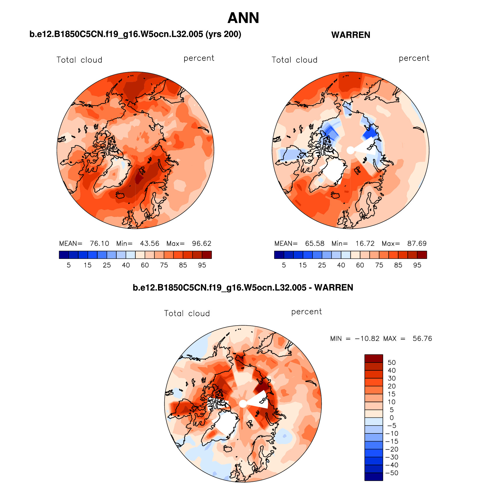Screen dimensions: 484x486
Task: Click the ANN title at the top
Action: tap(243, 18)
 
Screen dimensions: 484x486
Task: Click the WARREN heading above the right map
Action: tap(351, 35)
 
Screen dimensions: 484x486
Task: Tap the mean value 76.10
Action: tap(99, 244)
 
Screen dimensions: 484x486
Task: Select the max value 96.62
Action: tap(202, 244)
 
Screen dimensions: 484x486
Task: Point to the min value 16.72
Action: tap(365, 244)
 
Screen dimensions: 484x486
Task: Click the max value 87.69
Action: tap(417, 244)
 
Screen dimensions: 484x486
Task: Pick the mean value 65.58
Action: tap(315, 244)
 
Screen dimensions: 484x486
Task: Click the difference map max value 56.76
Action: tap(422, 339)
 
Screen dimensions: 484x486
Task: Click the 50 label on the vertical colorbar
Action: tap(392, 363)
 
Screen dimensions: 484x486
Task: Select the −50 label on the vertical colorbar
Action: tap(392, 473)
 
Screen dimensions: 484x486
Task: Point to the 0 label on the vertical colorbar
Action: tap(392, 418)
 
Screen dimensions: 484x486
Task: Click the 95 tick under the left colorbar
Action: tap(202, 265)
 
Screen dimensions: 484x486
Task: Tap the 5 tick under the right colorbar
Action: tap(284, 265)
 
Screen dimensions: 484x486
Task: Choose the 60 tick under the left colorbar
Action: tap(145, 265)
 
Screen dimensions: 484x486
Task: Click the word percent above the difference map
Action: tap(306, 312)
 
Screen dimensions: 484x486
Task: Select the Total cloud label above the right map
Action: tap(294, 60)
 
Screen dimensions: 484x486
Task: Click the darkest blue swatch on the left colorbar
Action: tap(64, 255)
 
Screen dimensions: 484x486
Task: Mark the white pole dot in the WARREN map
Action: tap(351, 150)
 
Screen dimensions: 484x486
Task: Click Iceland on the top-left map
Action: tap(121, 195)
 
